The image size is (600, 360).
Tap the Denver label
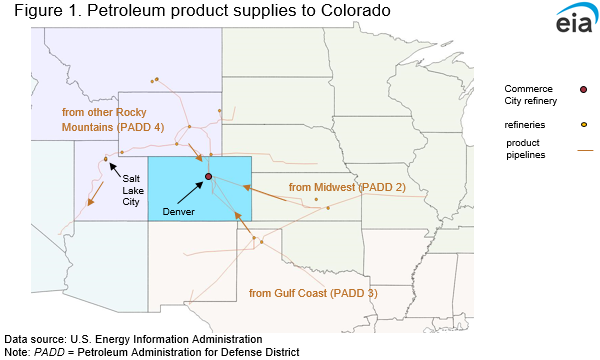click(x=178, y=212)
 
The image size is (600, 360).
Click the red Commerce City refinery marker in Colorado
click(x=208, y=177)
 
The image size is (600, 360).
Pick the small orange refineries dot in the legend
click(x=583, y=124)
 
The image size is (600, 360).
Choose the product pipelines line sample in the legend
click(x=584, y=150)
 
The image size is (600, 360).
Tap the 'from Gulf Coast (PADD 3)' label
click(x=312, y=293)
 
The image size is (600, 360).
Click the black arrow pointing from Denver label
click(x=194, y=191)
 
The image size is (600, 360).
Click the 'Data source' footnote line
click(x=132, y=339)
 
